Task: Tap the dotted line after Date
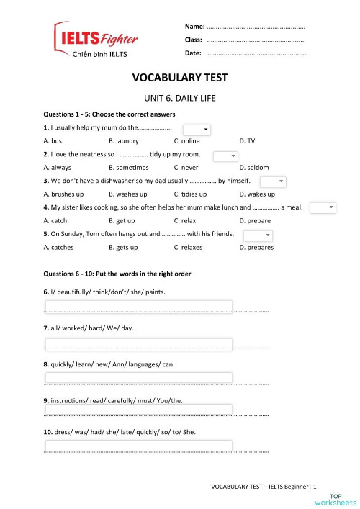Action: click(256, 53)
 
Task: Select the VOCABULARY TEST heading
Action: click(180, 78)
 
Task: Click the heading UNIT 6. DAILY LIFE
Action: click(180, 97)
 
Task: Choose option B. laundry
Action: click(124, 141)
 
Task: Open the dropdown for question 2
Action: click(225, 156)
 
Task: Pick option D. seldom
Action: click(253, 167)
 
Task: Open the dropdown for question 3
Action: click(272, 182)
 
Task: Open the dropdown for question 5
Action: click(258, 235)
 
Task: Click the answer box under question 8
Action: click(138, 377)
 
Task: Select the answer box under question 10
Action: click(138, 446)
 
